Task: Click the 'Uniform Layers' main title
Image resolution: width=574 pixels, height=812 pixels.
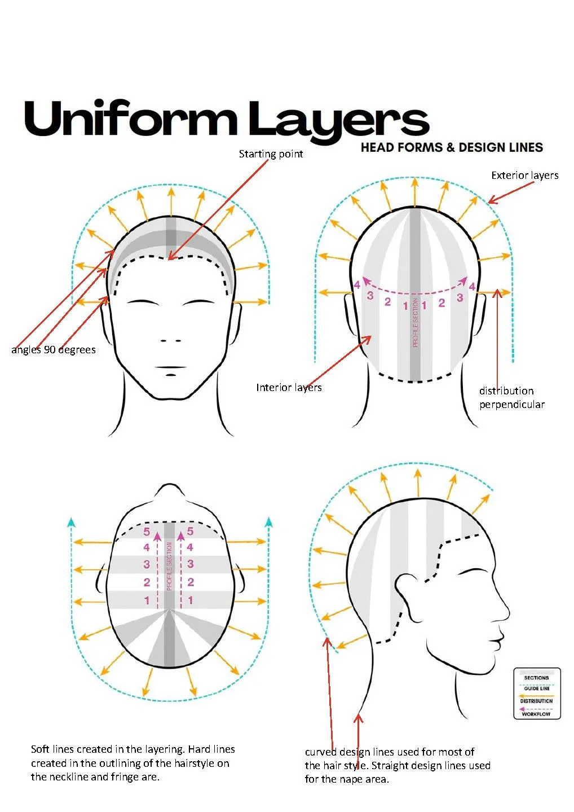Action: (226, 120)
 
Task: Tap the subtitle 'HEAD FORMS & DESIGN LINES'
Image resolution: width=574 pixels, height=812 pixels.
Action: (452, 148)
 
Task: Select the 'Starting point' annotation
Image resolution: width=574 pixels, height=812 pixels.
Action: (271, 154)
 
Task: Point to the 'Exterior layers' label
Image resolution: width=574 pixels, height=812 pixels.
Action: (524, 175)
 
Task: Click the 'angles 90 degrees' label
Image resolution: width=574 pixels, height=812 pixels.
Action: (54, 350)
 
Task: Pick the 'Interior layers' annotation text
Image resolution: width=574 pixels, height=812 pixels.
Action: (289, 388)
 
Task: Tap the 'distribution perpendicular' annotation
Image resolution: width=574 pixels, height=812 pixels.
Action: (511, 398)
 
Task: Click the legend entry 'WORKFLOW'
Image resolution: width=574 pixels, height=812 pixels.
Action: (536, 714)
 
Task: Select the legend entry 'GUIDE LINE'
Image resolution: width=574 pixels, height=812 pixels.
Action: (536, 688)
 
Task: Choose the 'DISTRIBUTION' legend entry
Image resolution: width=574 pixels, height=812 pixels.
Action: (536, 701)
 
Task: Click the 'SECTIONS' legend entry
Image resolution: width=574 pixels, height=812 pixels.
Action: (536, 678)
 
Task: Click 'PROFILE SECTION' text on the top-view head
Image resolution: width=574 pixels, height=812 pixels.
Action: (169, 566)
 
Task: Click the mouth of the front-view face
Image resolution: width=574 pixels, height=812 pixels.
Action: (171, 368)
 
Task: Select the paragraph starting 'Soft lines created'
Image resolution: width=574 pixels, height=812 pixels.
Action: (133, 763)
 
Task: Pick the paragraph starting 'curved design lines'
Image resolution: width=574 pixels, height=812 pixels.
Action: (397, 766)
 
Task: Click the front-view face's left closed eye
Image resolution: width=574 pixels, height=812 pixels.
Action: (142, 302)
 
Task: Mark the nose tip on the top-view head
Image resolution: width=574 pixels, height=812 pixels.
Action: (170, 486)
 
